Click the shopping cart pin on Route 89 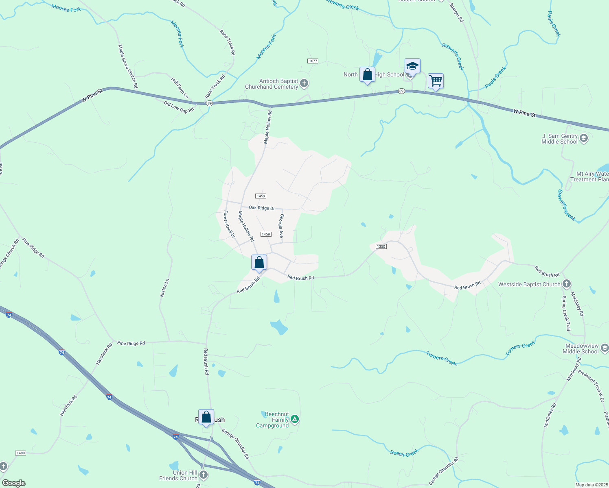[436, 81]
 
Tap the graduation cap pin [412, 66]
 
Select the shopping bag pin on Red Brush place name [206, 417]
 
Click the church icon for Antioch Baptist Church [304, 84]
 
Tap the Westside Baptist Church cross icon [566, 284]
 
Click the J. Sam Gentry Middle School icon [583, 139]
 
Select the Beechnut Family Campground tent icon [294, 419]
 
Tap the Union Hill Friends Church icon [204, 475]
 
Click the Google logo [14, 483]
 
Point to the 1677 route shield [313, 61]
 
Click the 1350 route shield [381, 246]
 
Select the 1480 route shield [20, 453]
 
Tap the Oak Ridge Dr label [262, 208]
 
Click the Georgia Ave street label [281, 226]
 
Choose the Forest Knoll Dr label [229, 224]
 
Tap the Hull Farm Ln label [180, 88]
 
